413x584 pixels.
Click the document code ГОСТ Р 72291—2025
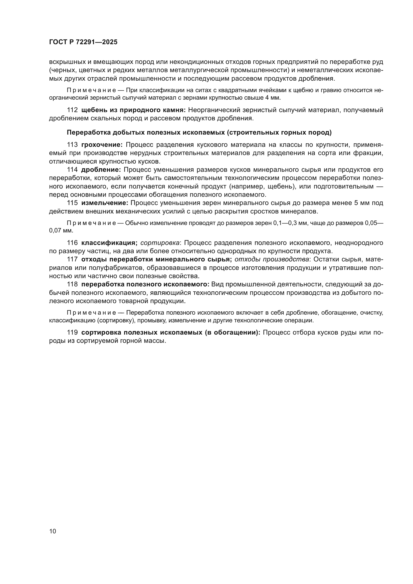click(83, 42)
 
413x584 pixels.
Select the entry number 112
click(72, 110)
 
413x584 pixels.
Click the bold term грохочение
click(102, 145)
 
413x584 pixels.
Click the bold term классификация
click(109, 243)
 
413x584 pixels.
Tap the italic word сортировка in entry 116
click(160, 243)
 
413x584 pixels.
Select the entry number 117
click(72, 259)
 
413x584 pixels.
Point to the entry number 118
click(72, 284)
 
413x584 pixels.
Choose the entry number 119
click(72, 333)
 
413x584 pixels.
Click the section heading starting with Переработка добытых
click(199, 133)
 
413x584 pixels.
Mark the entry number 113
click(72, 145)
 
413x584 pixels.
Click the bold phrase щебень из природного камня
click(134, 110)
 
